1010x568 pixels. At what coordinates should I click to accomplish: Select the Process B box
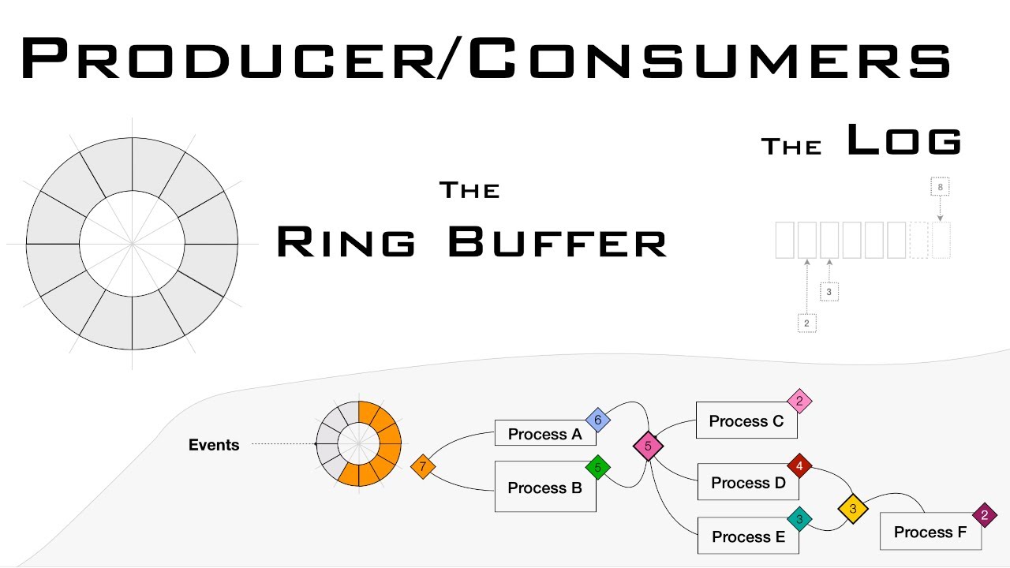(x=544, y=488)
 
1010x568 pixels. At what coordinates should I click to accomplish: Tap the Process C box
(x=746, y=421)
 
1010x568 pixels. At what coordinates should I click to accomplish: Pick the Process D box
(x=748, y=483)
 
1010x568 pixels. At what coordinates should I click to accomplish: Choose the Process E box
(x=748, y=536)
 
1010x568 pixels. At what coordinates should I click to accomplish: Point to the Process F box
(x=930, y=532)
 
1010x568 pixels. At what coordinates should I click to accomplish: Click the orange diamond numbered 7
(x=423, y=467)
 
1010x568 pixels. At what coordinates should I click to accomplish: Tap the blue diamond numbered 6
(x=597, y=420)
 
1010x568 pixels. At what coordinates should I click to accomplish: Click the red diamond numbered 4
(x=799, y=467)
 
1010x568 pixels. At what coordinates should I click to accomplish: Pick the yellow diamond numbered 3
(x=853, y=509)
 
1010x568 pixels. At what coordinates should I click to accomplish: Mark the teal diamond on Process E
(x=799, y=519)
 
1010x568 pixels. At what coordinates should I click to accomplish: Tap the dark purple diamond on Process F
(x=984, y=515)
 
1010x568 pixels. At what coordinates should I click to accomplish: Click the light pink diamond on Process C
(x=799, y=402)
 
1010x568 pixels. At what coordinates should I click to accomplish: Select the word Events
(x=214, y=445)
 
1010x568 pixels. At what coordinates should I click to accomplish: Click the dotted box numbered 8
(x=940, y=188)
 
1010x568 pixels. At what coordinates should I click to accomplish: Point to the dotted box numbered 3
(x=829, y=292)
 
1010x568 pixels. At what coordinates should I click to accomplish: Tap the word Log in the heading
(x=904, y=142)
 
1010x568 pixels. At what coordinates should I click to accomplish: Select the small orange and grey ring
(x=359, y=444)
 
